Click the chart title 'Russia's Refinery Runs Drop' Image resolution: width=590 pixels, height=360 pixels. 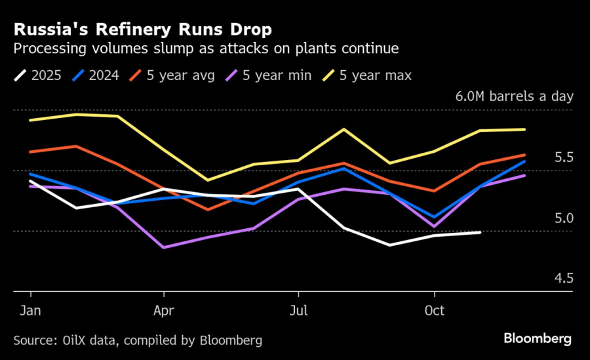pyautogui.click(x=142, y=30)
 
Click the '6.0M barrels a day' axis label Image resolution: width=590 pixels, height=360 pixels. pyautogui.click(x=515, y=96)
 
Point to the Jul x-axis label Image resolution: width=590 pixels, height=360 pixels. pyautogui.click(x=298, y=310)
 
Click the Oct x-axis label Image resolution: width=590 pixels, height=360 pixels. pyautogui.click(x=435, y=310)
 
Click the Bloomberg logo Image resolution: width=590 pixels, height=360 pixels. pyautogui.click(x=538, y=339)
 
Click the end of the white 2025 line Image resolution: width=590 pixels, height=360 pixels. pyautogui.click(x=481, y=232)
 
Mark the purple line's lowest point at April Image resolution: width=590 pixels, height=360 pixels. pyautogui.click(x=163, y=248)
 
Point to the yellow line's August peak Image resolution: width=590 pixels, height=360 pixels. pyautogui.click(x=344, y=129)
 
